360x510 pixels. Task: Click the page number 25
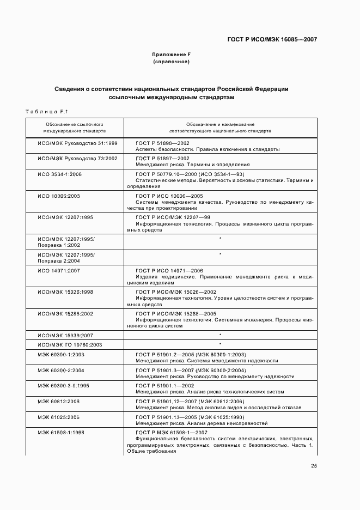[x=314, y=465]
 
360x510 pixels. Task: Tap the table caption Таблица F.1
[x=46, y=112]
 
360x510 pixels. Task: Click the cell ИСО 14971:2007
[x=59, y=271]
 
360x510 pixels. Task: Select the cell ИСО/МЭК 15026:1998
[x=65, y=292]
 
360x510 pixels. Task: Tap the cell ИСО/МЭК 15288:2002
[x=65, y=313]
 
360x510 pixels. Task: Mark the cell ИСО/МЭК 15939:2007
[x=65, y=335]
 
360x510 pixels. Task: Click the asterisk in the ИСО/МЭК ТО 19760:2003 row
[x=220, y=344]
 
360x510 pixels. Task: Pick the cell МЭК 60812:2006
[x=58, y=401]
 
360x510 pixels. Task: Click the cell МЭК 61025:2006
[x=58, y=416]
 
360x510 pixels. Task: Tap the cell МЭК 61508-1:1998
[x=60, y=432]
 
